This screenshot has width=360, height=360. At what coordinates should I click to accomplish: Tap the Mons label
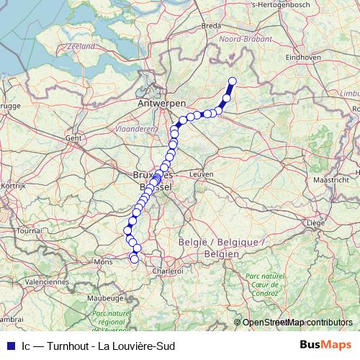(x=104, y=262)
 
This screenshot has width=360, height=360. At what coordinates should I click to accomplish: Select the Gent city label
(x=73, y=137)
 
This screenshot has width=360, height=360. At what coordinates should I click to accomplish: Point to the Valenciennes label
(x=46, y=282)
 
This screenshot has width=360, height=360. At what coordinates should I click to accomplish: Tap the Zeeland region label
(x=81, y=45)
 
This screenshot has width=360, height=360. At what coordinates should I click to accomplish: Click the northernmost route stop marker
(x=233, y=81)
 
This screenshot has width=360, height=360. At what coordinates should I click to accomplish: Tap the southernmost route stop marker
(x=135, y=259)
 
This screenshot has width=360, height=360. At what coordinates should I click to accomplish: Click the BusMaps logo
(x=325, y=345)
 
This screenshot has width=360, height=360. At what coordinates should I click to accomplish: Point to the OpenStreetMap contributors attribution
(x=297, y=323)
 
